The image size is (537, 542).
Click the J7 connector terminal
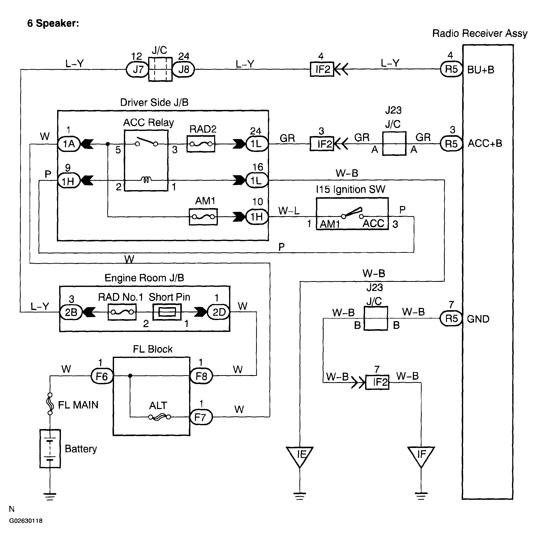point(137,69)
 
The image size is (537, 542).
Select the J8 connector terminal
point(183,69)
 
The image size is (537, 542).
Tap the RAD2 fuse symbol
point(201,144)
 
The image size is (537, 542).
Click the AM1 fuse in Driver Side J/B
point(203,217)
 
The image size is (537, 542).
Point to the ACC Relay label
point(148,123)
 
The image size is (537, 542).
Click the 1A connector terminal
point(69,144)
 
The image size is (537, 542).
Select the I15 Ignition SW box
point(352,214)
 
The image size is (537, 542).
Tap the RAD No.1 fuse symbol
point(122,312)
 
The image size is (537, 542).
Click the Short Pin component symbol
point(167,312)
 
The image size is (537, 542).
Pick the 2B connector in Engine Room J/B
point(71,312)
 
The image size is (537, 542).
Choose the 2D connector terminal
point(218,312)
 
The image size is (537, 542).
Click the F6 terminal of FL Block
point(102,376)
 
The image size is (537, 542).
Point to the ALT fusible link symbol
point(159,417)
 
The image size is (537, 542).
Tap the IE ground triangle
point(300,455)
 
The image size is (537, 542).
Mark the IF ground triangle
point(421,455)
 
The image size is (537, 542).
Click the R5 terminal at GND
point(451,319)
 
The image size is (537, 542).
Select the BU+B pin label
point(481,70)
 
